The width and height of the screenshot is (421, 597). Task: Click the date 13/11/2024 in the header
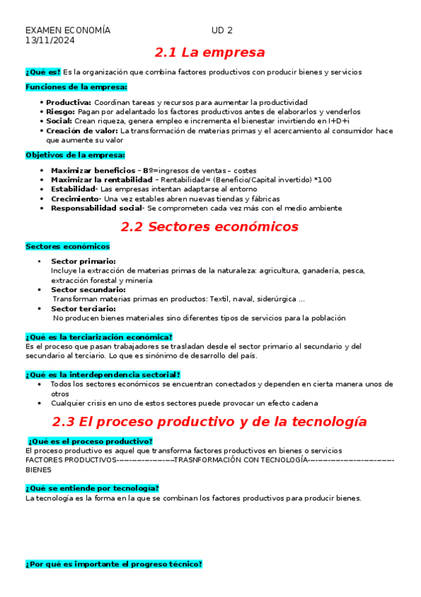[x=50, y=40]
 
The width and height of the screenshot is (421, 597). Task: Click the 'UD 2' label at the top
[x=221, y=30]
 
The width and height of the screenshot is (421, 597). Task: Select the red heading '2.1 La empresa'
[x=209, y=53]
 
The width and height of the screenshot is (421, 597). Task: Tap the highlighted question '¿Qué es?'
[x=42, y=72]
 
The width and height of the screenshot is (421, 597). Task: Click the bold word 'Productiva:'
[x=69, y=102]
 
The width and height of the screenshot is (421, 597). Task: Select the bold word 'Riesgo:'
[x=61, y=111]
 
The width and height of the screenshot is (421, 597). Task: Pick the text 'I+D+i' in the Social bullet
[x=339, y=121]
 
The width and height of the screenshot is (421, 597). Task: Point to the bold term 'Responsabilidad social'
[x=96, y=208]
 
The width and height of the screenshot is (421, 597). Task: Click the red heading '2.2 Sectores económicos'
[x=209, y=227]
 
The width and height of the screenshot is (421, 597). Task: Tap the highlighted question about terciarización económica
[x=98, y=337]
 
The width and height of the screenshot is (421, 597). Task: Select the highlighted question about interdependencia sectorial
[x=103, y=375]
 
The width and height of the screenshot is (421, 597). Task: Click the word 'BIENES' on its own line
[x=38, y=469]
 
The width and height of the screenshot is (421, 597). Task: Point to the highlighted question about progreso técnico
[x=113, y=564]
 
